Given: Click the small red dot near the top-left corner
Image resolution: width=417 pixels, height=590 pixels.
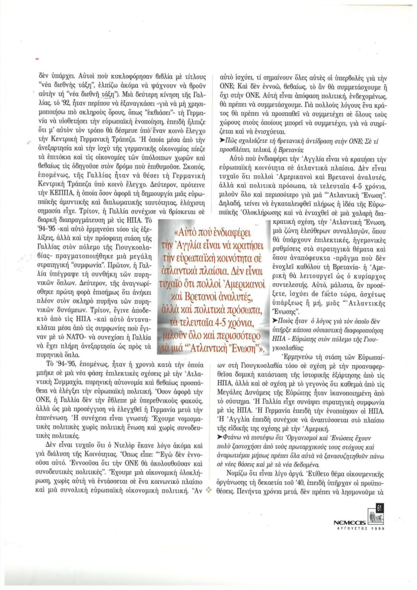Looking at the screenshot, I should pyautogui.click(x=37, y=59).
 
